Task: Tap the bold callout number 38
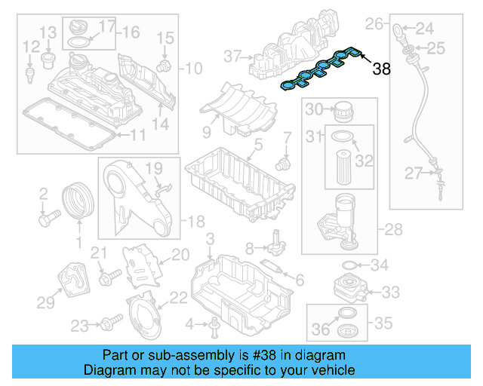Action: tap(382, 69)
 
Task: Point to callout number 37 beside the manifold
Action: tap(231, 55)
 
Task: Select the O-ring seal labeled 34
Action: tap(349, 265)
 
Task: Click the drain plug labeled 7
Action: tap(284, 161)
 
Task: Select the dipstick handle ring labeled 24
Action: tap(397, 30)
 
